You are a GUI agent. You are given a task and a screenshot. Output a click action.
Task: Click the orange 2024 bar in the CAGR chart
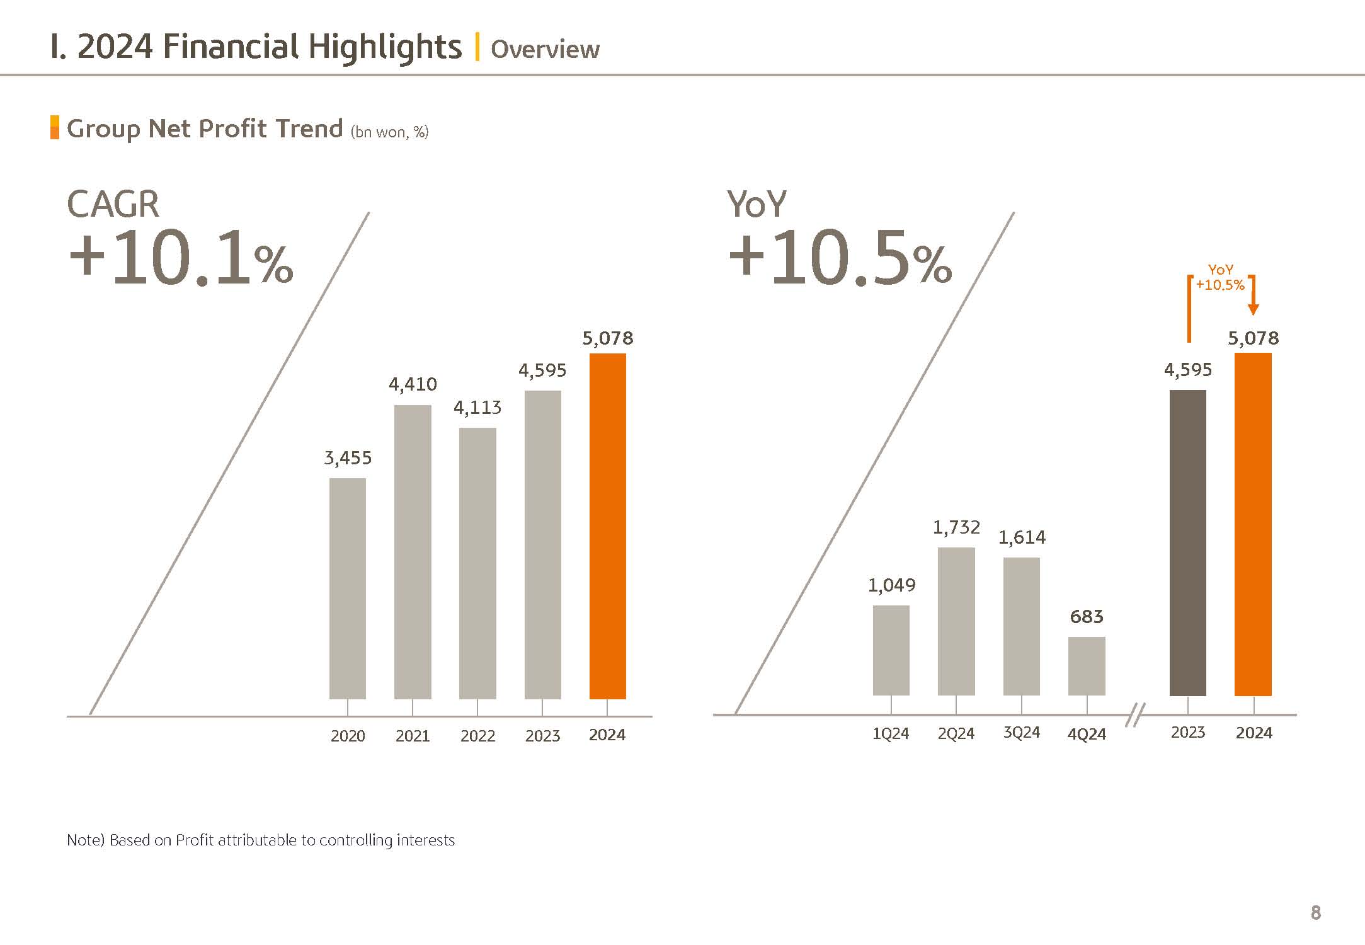click(x=607, y=526)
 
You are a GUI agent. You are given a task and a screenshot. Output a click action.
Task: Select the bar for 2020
click(x=347, y=588)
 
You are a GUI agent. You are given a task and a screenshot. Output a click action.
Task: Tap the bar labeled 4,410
click(x=413, y=552)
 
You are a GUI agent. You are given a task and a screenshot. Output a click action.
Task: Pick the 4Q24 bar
click(x=1087, y=666)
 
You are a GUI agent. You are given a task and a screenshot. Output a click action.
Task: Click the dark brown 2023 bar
click(x=1187, y=542)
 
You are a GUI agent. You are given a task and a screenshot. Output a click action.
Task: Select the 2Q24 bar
click(x=956, y=621)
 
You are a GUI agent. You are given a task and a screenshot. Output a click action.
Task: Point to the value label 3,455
click(x=348, y=458)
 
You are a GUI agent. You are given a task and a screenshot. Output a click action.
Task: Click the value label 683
click(x=1087, y=617)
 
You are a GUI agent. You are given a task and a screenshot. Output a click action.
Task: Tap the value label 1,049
click(x=891, y=585)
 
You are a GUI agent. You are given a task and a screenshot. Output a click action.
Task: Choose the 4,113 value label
click(x=477, y=408)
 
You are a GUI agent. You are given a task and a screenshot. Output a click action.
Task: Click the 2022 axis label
click(x=477, y=736)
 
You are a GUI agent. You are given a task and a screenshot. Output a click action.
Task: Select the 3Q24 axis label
click(x=1021, y=733)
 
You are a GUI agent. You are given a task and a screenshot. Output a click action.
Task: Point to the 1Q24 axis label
click(x=890, y=734)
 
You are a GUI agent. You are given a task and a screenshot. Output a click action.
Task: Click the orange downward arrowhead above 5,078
click(x=1253, y=309)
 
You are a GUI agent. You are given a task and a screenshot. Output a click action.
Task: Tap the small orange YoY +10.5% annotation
click(x=1220, y=278)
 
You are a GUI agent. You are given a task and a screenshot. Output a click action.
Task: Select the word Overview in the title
click(x=545, y=49)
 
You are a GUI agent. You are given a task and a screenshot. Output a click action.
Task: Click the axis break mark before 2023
click(x=1134, y=715)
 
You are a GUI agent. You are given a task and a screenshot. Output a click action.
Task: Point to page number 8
click(x=1315, y=912)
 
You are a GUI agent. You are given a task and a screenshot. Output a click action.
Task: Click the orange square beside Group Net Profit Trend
click(x=55, y=127)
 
